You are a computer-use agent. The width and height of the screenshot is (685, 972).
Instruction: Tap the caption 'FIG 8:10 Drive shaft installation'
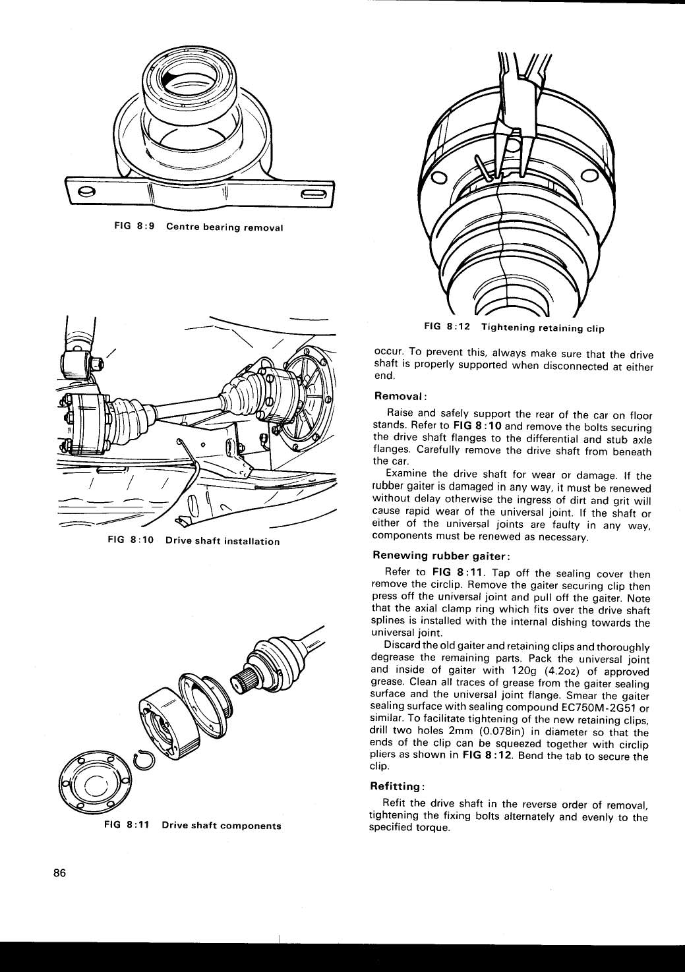click(193, 541)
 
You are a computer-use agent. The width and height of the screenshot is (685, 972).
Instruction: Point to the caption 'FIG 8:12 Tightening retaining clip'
click(514, 327)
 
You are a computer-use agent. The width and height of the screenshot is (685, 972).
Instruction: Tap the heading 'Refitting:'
click(400, 786)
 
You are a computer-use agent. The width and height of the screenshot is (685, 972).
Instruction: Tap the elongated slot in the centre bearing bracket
click(313, 193)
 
